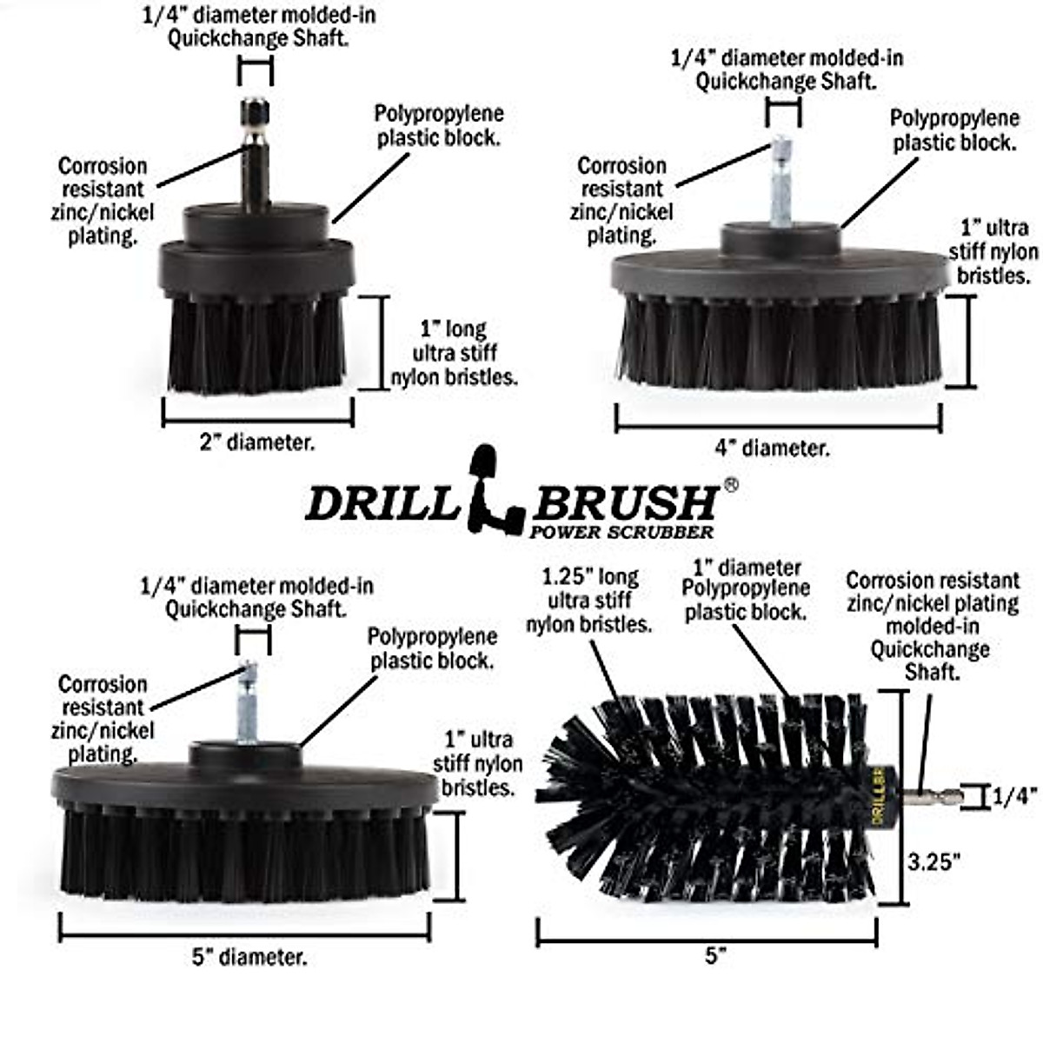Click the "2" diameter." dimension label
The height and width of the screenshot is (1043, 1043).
[257, 442]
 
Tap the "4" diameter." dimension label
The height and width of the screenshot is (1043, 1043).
[772, 448]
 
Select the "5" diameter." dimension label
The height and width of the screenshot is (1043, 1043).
[249, 958]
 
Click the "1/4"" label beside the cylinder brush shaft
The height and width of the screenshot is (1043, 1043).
[1014, 796]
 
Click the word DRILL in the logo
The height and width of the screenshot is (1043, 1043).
[381, 503]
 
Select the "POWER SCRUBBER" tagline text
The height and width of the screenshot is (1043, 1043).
[621, 532]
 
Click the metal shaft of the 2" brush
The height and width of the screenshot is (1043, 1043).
[256, 156]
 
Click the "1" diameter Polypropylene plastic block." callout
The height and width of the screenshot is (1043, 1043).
[746, 590]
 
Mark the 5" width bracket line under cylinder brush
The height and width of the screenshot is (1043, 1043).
[707, 933]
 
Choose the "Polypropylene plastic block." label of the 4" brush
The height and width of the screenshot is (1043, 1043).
[953, 130]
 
